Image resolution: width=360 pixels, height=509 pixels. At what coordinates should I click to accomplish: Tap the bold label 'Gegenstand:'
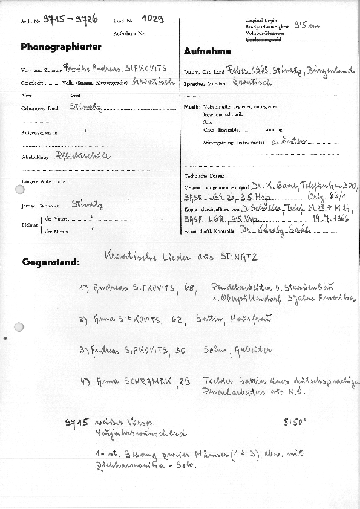(51, 263)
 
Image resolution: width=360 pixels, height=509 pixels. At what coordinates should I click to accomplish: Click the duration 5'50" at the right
(295, 424)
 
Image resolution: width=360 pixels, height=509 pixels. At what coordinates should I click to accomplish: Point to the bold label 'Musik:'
(192, 106)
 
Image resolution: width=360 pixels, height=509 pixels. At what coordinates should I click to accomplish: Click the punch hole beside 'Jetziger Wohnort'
(20, 190)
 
